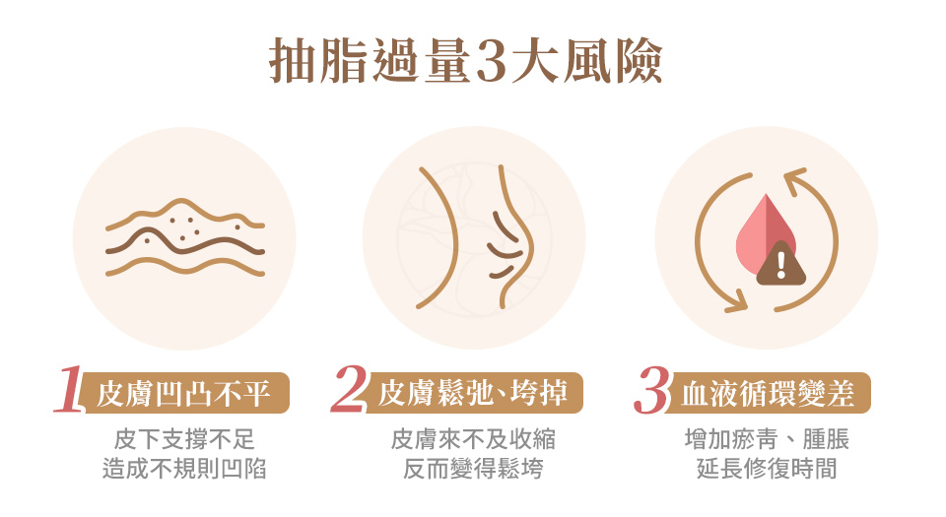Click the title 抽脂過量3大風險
pos(466,61)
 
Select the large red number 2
pos(349,390)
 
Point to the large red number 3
pos(651,391)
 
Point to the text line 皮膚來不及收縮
pos(473,439)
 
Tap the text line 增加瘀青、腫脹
pos(767,439)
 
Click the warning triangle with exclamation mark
pos(781,263)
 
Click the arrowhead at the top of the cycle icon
pos(794,178)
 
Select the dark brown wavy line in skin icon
pos(184,242)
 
